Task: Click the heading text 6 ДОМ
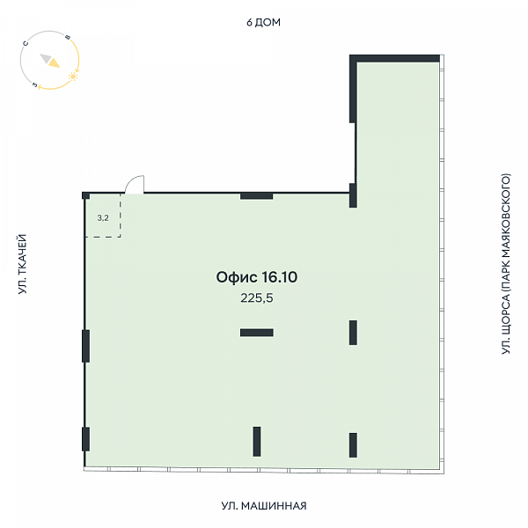pos(263,22)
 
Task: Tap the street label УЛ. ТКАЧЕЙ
pos(22,264)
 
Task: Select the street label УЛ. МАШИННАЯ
pos(264,506)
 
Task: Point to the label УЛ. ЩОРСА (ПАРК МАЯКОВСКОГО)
pos(506,264)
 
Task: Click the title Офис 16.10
pos(257,277)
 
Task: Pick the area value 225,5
pos(257,298)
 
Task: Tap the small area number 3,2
pos(103,218)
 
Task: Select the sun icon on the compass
pos(73,77)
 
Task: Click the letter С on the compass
pos(26,43)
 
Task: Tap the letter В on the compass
pos(68,37)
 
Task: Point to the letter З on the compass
pos(34,84)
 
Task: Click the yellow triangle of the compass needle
pos(54,62)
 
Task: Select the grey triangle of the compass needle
pos(46,58)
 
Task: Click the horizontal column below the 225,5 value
pos(257,333)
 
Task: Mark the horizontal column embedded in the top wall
pos(257,196)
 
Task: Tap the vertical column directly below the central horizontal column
pos(257,442)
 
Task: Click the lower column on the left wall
pos(86,439)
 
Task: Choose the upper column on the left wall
pos(86,346)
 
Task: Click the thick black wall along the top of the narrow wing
pos(394,58)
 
